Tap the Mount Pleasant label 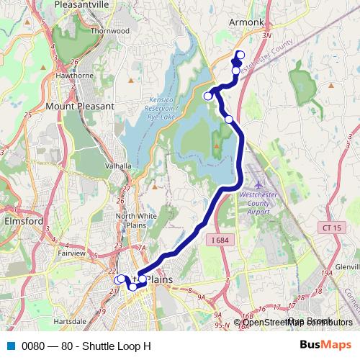80,106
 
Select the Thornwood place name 109,31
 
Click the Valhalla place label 119,166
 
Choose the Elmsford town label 23,222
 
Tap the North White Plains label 131,220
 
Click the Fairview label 72,253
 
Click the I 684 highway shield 220,239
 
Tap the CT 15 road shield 328,228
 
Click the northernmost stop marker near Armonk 240,55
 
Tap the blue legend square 11,346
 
